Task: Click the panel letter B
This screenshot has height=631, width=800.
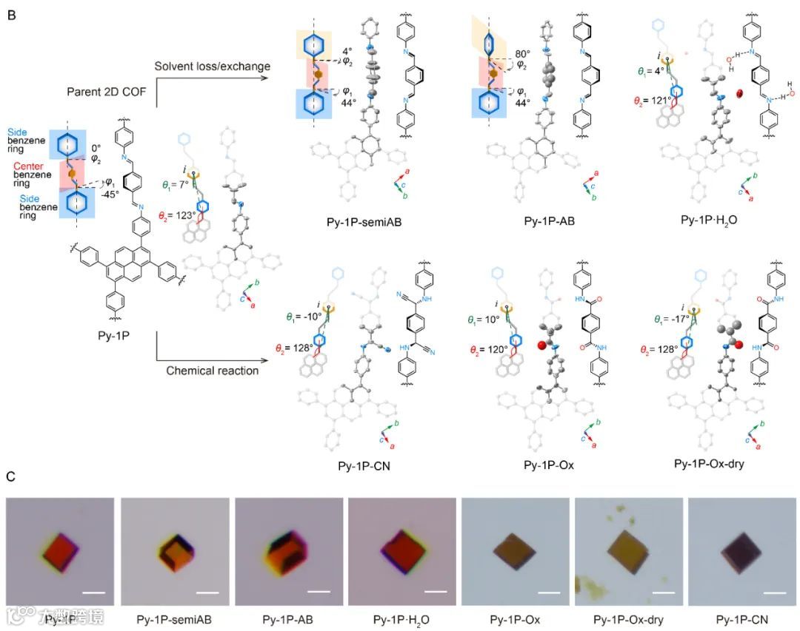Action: tap(11, 13)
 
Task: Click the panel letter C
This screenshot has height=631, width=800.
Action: tap(11, 477)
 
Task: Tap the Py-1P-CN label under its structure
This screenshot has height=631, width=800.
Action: tap(364, 466)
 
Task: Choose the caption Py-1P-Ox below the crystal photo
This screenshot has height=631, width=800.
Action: tap(515, 618)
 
